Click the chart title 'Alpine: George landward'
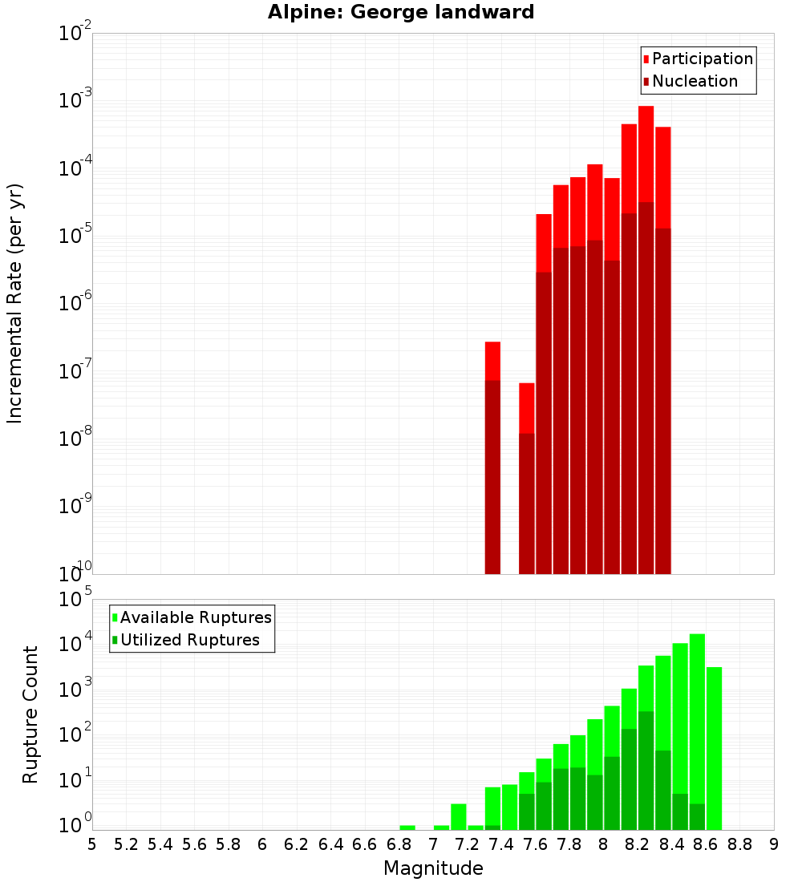click(x=401, y=12)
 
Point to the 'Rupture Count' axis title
click(x=30, y=714)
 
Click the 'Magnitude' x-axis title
click(x=433, y=868)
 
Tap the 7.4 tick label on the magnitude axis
click(x=501, y=844)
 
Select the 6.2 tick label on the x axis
click(x=296, y=844)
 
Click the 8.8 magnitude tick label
click(x=739, y=844)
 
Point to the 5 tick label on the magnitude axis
click(x=92, y=844)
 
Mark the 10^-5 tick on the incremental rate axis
click(x=76, y=236)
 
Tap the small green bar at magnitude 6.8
click(x=407, y=827)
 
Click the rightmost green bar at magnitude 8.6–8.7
click(x=714, y=746)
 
